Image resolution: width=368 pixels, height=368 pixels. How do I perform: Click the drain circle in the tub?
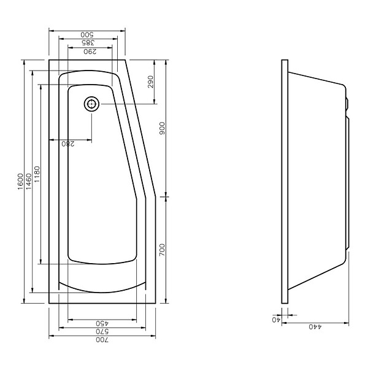tap(91, 104)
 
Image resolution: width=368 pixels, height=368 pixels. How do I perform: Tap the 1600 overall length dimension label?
tap(21, 182)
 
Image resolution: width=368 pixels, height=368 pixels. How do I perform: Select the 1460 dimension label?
tap(29, 182)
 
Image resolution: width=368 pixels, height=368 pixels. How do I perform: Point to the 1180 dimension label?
tap(37, 174)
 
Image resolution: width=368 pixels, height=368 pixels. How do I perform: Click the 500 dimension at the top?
tap(87, 35)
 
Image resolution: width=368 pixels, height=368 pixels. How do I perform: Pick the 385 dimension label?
tap(88, 43)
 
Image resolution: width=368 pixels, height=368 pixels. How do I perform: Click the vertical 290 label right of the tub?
tap(150, 82)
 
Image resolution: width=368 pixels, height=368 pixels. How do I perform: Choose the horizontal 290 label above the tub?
tap(90, 52)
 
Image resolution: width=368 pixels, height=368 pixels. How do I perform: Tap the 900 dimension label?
tap(162, 128)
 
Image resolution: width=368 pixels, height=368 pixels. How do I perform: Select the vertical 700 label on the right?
tap(162, 250)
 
